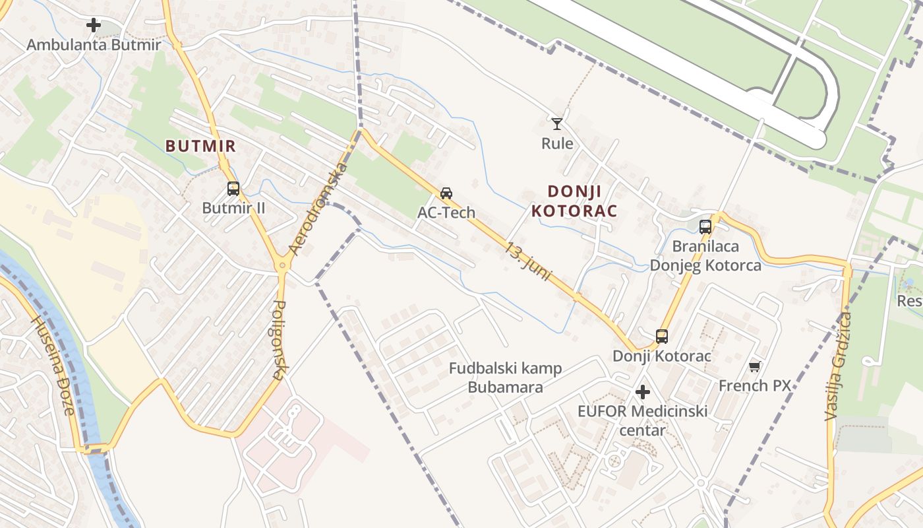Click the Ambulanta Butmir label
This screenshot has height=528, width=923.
(x=94, y=45)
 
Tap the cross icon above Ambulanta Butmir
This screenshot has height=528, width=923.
(x=94, y=26)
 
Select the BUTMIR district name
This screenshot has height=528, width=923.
(x=200, y=146)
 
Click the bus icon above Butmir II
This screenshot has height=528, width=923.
(x=233, y=189)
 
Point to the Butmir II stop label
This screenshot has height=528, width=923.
(x=233, y=208)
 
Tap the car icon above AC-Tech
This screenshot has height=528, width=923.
(x=446, y=193)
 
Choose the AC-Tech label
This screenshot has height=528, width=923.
(x=446, y=213)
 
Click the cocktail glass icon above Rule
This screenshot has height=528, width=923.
(x=557, y=123)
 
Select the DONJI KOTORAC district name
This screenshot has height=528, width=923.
(x=574, y=201)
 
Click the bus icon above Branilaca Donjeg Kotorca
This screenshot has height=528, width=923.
(x=705, y=227)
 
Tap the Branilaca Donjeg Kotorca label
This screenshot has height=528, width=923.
(x=705, y=256)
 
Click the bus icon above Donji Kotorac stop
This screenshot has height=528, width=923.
(x=662, y=337)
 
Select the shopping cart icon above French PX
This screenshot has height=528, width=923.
(x=755, y=366)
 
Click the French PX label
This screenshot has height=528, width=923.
(x=755, y=385)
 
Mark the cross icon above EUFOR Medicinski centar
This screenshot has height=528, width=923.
(x=643, y=393)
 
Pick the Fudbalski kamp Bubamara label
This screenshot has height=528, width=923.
(x=506, y=378)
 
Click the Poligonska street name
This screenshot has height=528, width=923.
(x=279, y=340)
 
